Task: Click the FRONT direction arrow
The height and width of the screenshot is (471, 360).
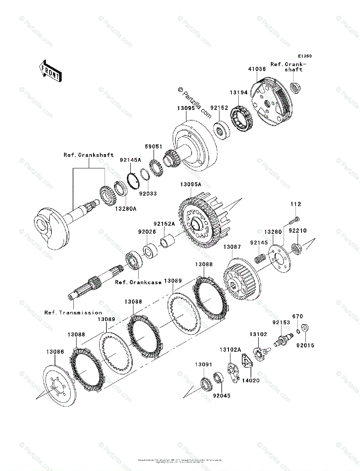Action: (x=50, y=71)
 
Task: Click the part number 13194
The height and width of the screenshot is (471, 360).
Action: (x=239, y=93)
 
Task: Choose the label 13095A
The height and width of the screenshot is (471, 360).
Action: (x=191, y=184)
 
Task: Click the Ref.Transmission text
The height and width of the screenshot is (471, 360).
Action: (x=73, y=312)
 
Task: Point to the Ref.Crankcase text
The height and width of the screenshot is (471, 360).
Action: (x=138, y=282)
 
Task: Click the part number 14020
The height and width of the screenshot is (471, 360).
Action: (x=250, y=380)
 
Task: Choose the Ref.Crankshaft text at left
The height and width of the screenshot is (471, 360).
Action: (x=89, y=155)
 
